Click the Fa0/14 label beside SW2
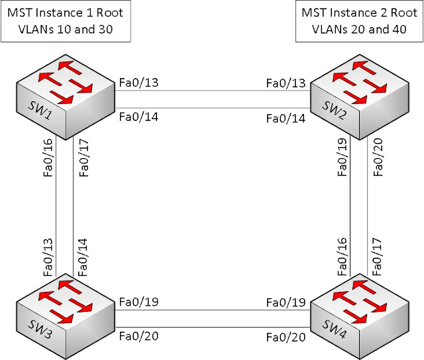click(x=286, y=119)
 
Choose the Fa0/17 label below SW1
click(x=83, y=160)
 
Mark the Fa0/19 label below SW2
click(x=342, y=160)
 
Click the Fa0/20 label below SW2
click(x=378, y=160)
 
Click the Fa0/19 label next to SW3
click(x=138, y=302)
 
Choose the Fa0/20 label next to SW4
click(x=286, y=337)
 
